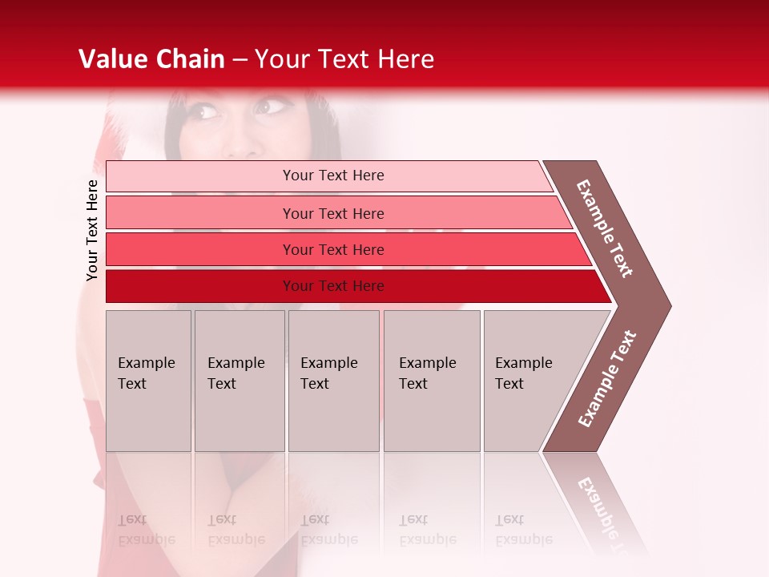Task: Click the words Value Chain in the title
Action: coord(151,59)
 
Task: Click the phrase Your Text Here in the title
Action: coord(344,59)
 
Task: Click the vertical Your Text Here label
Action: coord(92,230)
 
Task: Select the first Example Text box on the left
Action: coord(148,381)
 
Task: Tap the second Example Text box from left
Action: coord(240,381)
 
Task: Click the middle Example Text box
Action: coord(333,381)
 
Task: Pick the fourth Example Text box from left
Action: coord(432,381)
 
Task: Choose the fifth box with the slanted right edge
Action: coord(529,381)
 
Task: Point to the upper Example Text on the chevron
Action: coord(605,228)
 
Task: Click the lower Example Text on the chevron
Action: coord(606,379)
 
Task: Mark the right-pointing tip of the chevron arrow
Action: coord(668,305)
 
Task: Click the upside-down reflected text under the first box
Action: coord(146,530)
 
